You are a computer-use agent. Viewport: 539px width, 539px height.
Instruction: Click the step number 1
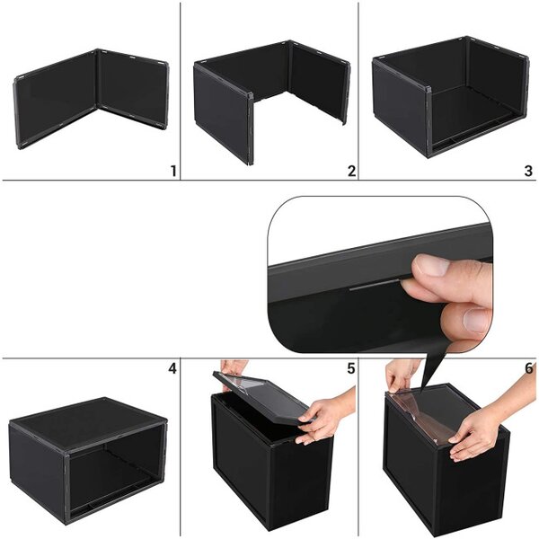[173, 171]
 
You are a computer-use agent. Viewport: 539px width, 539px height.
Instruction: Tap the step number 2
[351, 171]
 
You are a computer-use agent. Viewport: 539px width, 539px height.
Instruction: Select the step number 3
[529, 171]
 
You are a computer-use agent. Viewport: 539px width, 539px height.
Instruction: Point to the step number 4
[172, 368]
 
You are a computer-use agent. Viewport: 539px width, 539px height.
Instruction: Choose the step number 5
[350, 368]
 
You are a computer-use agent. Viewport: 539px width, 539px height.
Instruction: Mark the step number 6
[529, 368]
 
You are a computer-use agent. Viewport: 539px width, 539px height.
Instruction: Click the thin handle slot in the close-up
[375, 285]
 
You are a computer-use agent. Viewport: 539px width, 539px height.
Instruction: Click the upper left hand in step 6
[402, 375]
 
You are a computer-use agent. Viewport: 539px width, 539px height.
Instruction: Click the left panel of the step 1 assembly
[56, 100]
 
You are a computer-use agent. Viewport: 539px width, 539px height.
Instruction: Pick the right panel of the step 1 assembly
[132, 89]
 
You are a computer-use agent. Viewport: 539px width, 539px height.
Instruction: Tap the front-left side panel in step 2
[223, 113]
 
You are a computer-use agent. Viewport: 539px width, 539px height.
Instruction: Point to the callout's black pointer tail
[434, 367]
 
